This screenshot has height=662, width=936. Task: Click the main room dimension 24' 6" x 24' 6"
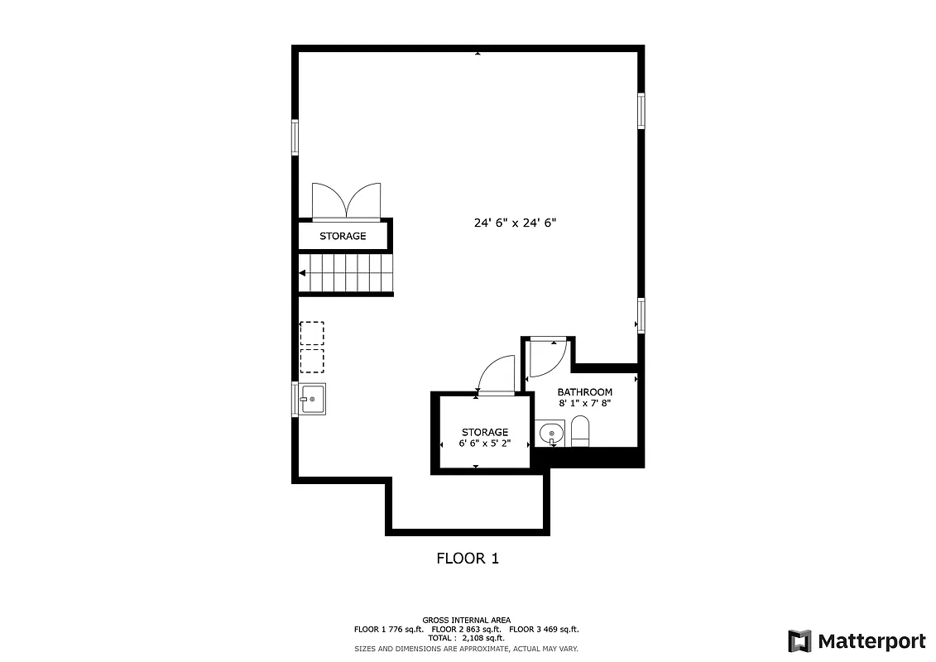[521, 223]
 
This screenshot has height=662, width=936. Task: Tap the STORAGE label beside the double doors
[343, 237]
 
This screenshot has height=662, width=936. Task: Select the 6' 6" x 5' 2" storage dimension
[485, 444]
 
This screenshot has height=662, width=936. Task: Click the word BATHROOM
[584, 392]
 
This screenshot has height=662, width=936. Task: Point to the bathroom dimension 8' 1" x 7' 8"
[584, 404]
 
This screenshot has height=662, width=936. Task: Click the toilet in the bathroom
[580, 431]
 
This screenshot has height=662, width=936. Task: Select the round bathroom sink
[550, 434]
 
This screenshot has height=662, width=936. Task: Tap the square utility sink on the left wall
[312, 399]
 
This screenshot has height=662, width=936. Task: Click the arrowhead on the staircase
[304, 274]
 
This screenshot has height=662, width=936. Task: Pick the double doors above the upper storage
[346, 201]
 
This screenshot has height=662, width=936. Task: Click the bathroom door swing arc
[547, 357]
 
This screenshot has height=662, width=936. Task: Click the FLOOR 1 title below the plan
[468, 559]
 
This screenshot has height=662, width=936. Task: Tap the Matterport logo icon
[799, 641]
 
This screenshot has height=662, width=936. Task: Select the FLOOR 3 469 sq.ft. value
[543, 630]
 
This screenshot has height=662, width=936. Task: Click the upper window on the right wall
[641, 111]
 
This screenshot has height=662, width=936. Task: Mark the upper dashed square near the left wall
[312, 333]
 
